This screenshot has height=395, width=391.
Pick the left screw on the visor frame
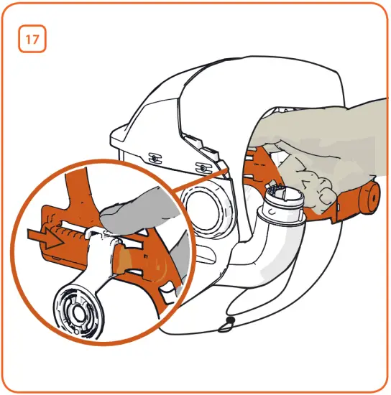(x=153, y=156)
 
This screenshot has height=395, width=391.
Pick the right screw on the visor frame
(x=203, y=166)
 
